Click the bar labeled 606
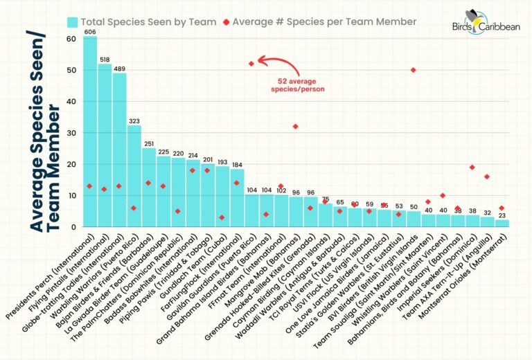click(x=90, y=132)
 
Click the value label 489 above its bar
click(x=119, y=68)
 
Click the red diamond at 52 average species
click(x=251, y=64)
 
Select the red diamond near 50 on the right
click(x=413, y=70)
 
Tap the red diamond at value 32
click(x=295, y=127)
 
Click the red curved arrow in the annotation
click(x=277, y=64)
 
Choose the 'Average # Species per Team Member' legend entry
click(x=318, y=21)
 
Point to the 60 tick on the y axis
click(x=71, y=39)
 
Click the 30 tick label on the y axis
click(x=71, y=133)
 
